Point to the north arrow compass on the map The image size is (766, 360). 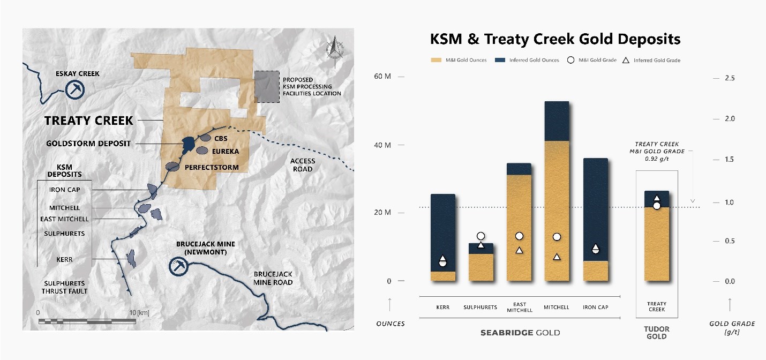pos(335,48)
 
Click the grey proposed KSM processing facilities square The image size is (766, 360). pos(266,87)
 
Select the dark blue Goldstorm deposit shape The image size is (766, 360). pos(187,144)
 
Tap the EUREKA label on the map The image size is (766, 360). pos(225,152)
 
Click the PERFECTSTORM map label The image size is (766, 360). pos(212,168)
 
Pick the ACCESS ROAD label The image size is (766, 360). pos(303,165)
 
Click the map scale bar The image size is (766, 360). pos(87,321)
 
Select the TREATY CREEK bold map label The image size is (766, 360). pos(88,121)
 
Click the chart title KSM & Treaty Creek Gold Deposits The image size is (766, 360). pos(555,39)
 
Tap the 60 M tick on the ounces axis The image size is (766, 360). pos(382,77)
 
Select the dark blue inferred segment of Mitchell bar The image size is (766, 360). pos(557,121)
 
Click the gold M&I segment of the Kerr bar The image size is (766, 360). pos(442,276)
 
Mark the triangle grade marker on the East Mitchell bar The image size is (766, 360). pos(519,250)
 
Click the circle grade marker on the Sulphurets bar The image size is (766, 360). pos(481,236)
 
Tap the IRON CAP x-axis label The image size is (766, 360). pos(595,307)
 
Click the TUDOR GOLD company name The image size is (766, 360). pos(656,333)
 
